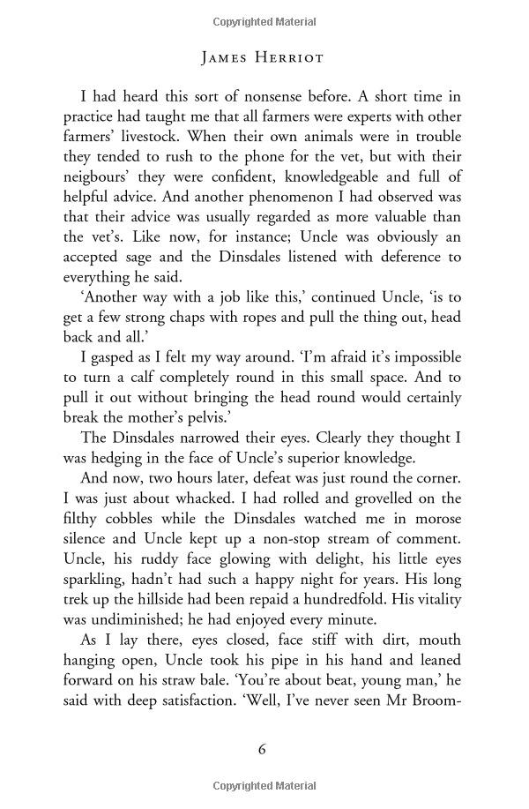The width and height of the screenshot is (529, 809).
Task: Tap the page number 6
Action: [262, 749]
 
